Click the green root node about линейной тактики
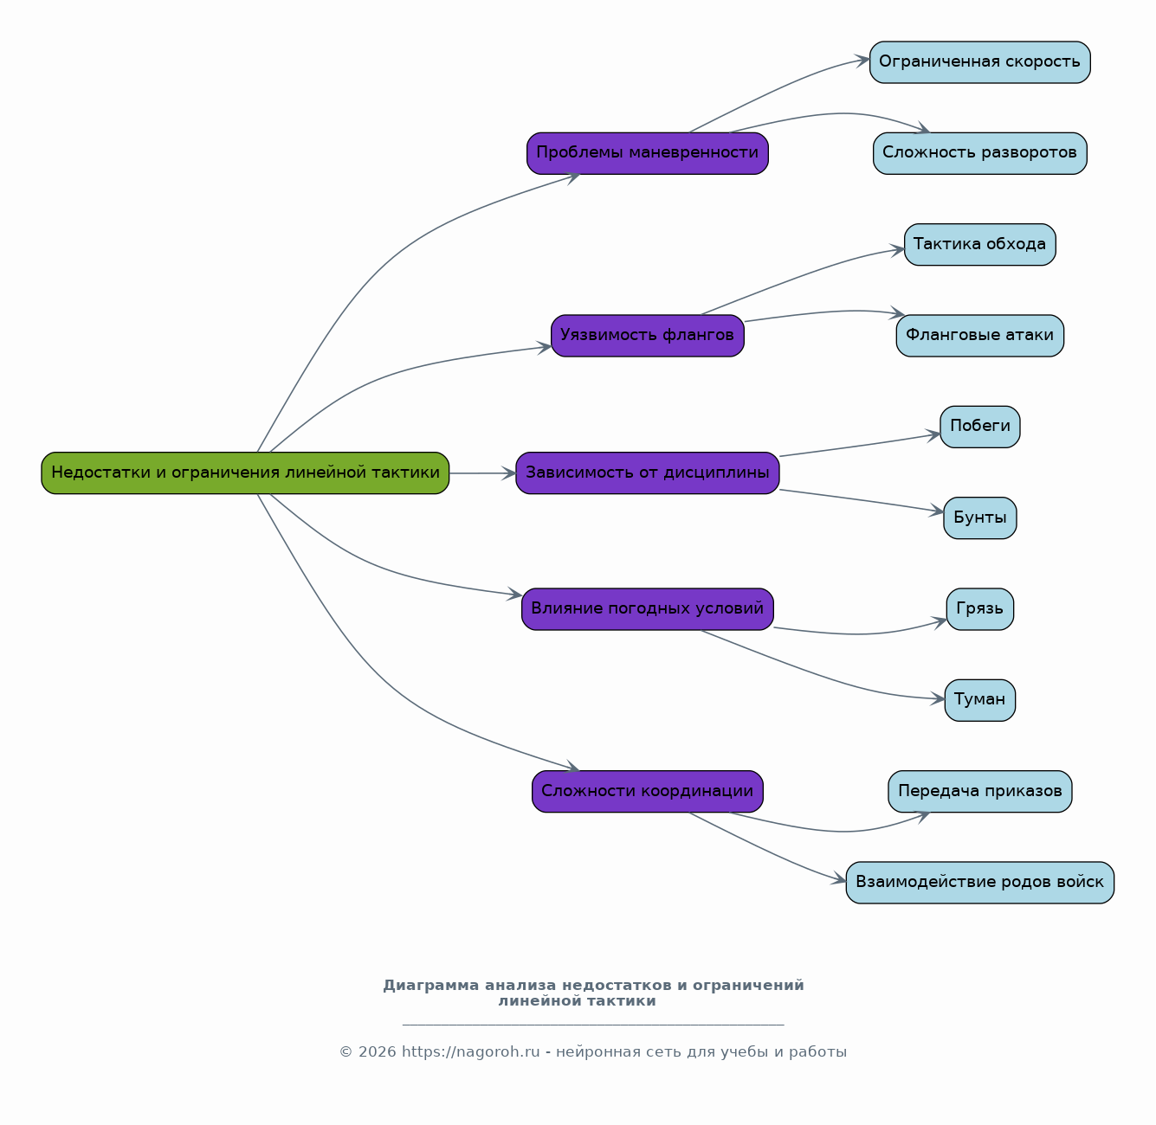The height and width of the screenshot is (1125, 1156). pos(245,473)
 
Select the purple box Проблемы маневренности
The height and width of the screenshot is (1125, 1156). pos(648,153)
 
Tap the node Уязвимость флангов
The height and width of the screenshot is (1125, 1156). pos(648,336)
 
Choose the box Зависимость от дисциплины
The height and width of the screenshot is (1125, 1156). pos(648,473)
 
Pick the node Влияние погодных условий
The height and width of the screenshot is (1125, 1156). pos(648,609)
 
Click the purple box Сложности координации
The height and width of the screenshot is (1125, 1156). pos(648,792)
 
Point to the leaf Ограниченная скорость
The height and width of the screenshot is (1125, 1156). pos(980,62)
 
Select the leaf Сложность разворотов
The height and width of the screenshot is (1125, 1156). pos(980,153)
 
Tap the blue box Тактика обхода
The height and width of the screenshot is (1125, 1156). pos(980,245)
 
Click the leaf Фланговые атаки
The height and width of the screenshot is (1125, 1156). pos(980,336)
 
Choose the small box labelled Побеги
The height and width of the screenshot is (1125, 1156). pos(980,427)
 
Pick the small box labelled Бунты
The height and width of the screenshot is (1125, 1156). pos(980,518)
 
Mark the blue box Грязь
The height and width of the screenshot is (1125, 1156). pos(980,609)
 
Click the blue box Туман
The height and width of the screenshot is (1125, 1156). pos(980,700)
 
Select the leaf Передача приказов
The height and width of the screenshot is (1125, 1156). pos(980,792)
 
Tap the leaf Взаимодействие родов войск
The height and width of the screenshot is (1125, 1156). pos(980,883)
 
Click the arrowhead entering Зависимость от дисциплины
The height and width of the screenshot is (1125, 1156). pos(509,473)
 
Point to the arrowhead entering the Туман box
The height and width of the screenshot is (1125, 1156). pos(938,699)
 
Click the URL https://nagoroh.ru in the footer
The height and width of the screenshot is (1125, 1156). pos(471,1052)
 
